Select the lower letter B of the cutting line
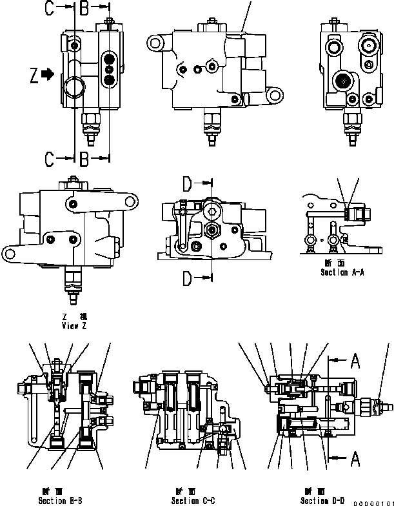tap(84, 159)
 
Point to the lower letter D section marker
tap(187, 278)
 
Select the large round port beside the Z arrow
tap(74, 86)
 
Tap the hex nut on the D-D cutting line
tap(211, 230)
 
